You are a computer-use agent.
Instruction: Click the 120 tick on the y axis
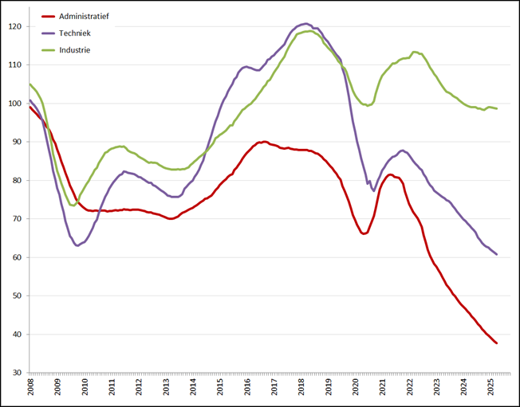pos(15,26)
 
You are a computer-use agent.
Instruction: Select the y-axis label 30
pos(17,373)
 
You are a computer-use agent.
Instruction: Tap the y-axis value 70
pos(17,219)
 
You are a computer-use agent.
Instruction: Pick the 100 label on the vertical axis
pos(15,104)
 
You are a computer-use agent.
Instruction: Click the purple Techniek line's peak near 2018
pos(307,24)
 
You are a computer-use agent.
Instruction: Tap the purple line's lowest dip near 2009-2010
pos(77,245)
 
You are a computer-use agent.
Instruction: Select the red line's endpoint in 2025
pos(497,343)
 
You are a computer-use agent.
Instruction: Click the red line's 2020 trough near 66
pos(364,233)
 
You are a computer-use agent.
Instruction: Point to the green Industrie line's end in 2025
pos(497,108)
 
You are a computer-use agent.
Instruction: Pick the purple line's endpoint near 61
pos(497,255)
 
